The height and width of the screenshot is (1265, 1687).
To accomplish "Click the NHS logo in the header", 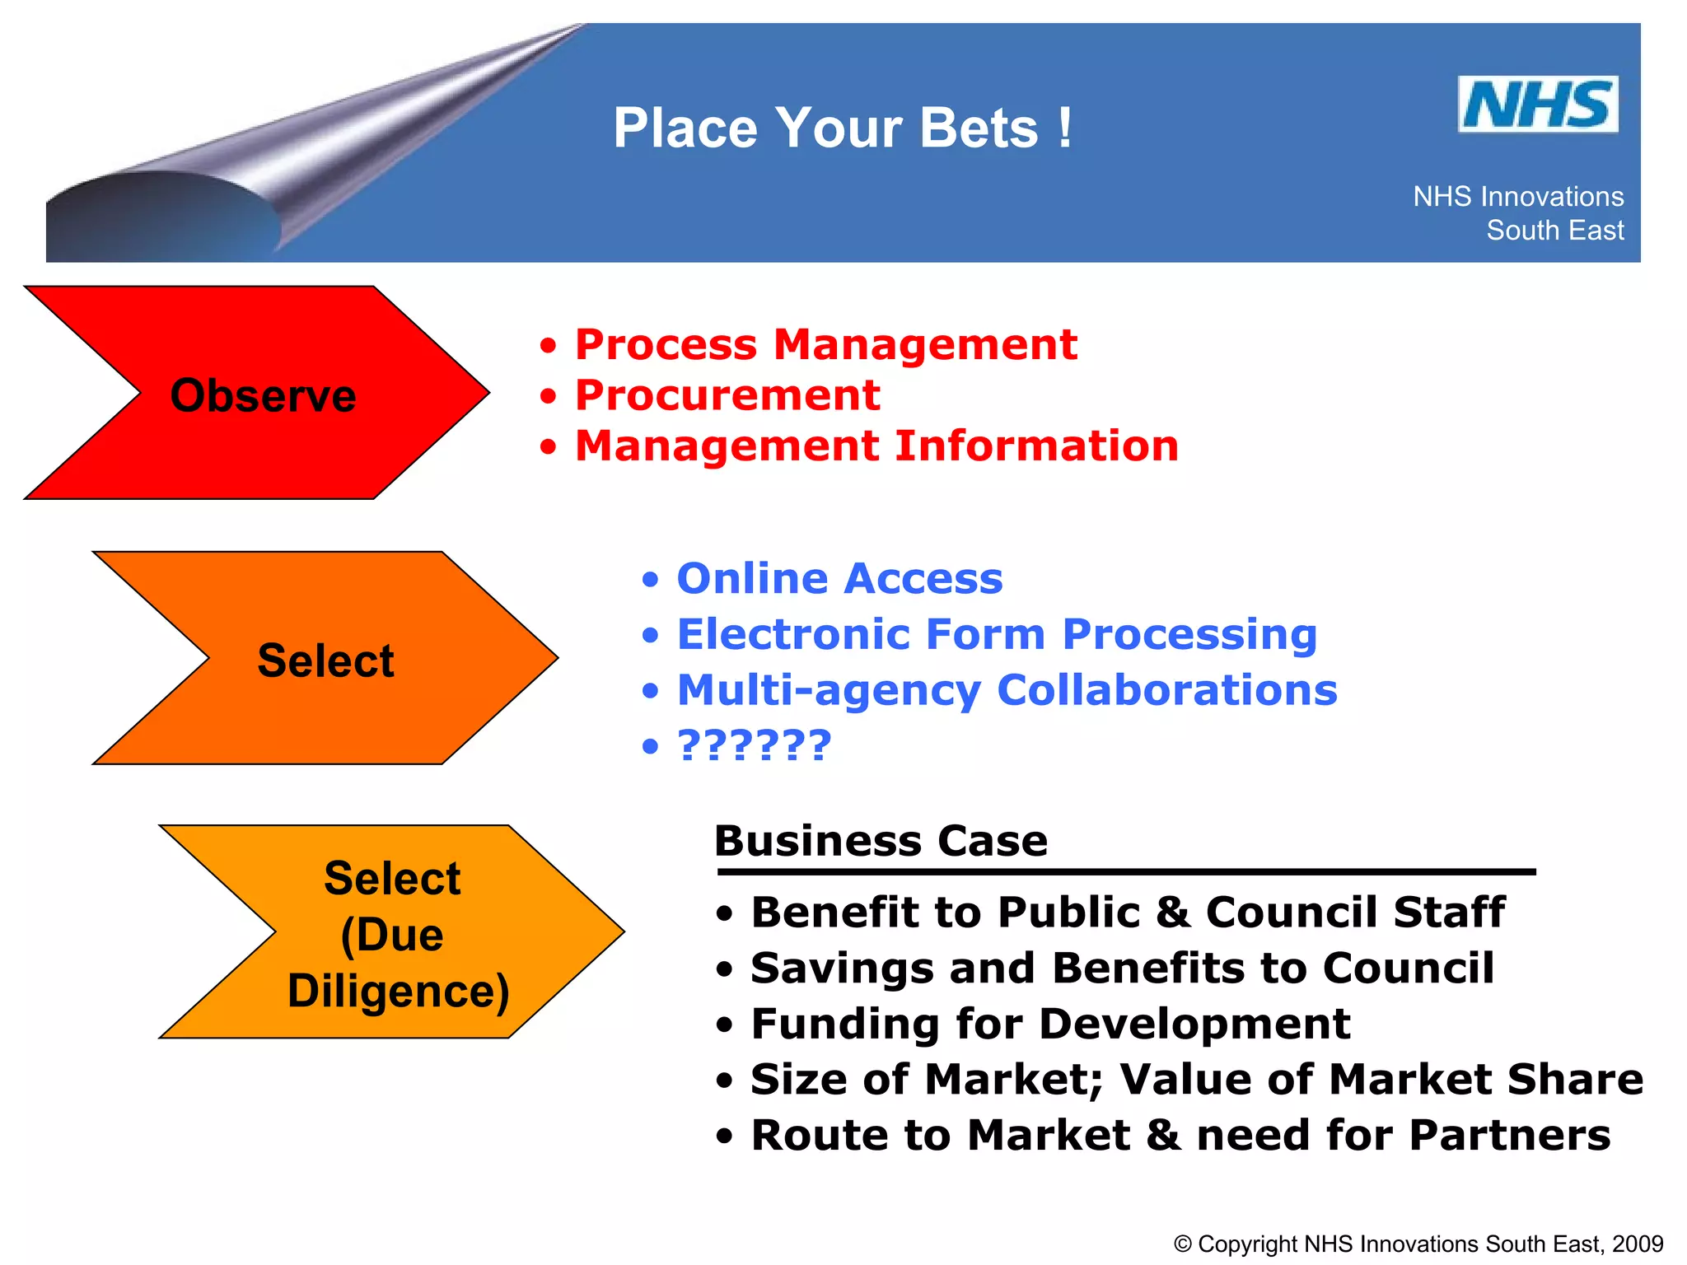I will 1537,105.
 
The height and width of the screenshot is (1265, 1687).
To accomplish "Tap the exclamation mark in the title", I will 1065,128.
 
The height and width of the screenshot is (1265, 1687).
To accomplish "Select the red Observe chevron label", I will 263,395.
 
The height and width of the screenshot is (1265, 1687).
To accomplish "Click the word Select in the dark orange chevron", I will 325,661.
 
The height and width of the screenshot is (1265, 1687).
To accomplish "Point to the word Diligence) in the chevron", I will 398,991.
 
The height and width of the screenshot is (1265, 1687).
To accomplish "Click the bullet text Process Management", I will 825,344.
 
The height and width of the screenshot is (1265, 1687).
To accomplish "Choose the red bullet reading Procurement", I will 727,395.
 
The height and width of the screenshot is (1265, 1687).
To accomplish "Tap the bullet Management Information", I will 876,446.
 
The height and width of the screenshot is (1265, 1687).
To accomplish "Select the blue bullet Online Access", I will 839,578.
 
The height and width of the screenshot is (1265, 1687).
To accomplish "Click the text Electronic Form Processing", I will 997,634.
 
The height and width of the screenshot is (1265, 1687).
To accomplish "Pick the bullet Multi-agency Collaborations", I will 1007,690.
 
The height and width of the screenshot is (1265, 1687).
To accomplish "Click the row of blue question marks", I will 754,745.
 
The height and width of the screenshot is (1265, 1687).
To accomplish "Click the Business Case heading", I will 881,841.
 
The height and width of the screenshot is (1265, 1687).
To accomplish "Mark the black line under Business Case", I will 1125,871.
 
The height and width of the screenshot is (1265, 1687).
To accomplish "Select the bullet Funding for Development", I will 1050,1024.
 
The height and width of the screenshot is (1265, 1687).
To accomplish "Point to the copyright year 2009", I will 1638,1244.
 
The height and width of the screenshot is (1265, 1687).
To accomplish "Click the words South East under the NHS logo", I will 1554,231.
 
